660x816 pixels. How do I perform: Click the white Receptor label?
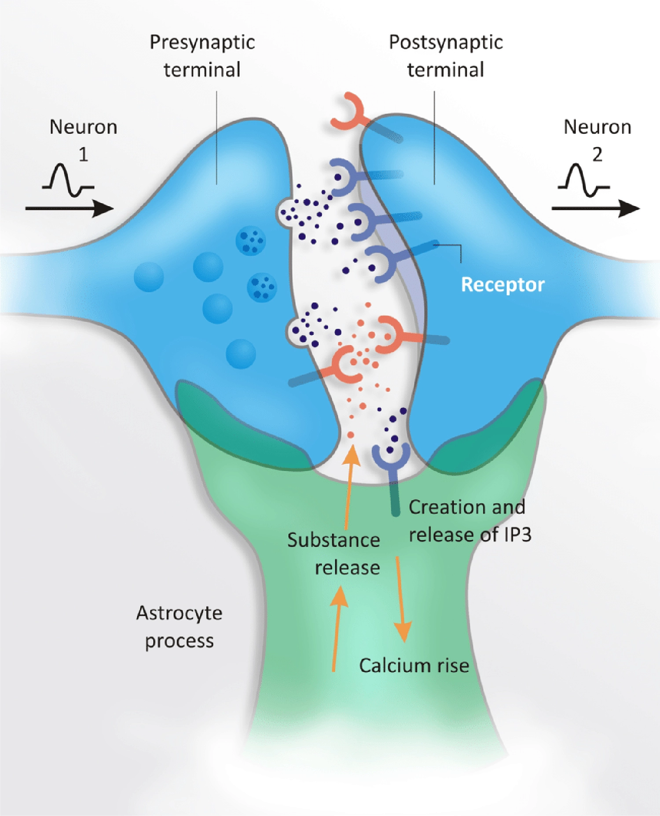pos(502,285)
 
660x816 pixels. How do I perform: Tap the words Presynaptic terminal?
pos(202,56)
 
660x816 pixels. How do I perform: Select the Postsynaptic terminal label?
pos(445,56)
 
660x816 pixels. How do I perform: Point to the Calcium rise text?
pos(414,666)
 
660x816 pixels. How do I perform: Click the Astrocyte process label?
pos(179,626)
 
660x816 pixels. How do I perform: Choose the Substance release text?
pos(334,553)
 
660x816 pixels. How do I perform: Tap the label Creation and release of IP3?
pos(469,521)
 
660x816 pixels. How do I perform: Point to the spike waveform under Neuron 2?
pos(583,180)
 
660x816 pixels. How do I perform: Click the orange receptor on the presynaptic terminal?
pos(348,365)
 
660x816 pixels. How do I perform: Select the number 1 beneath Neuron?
pos(83,154)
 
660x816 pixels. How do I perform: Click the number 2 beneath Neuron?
pos(597,154)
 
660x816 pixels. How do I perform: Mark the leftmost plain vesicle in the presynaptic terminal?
pos(149,277)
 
